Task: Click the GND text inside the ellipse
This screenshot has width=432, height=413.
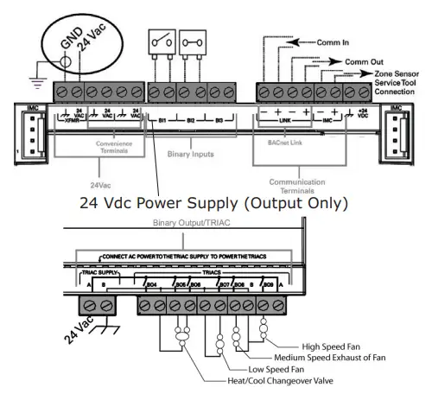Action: pyautogui.click(x=70, y=43)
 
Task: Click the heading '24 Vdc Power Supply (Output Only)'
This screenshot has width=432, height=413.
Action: pyautogui.click(x=213, y=204)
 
